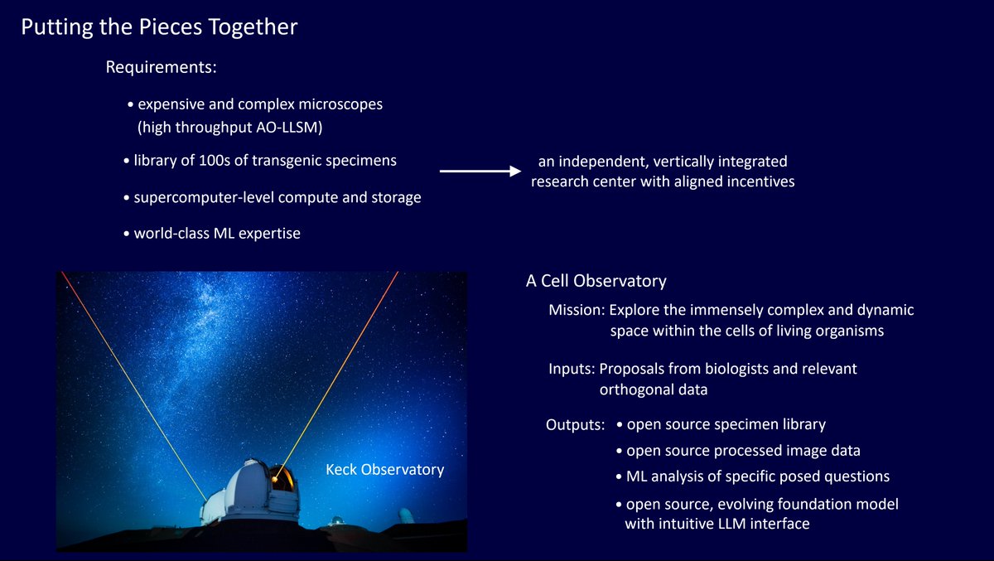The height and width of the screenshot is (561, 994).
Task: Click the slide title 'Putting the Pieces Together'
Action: tap(159, 27)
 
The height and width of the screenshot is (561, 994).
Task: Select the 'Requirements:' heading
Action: tap(161, 67)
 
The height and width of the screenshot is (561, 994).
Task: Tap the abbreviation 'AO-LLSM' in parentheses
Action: tap(289, 128)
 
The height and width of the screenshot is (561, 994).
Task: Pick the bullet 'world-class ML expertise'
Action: tap(212, 234)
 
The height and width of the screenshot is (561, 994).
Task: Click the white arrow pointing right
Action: tap(480, 171)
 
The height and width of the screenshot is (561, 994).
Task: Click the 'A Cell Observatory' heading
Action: tap(596, 281)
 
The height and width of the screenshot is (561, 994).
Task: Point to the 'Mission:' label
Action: tap(577, 310)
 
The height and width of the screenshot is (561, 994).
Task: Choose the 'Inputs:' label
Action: tap(572, 369)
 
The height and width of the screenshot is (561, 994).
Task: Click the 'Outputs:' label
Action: tap(575, 425)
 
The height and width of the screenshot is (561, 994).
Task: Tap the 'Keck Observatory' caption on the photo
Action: tap(384, 470)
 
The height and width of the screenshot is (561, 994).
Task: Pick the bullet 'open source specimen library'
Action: tap(721, 425)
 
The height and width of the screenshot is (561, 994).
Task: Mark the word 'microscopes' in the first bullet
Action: tap(340, 104)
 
